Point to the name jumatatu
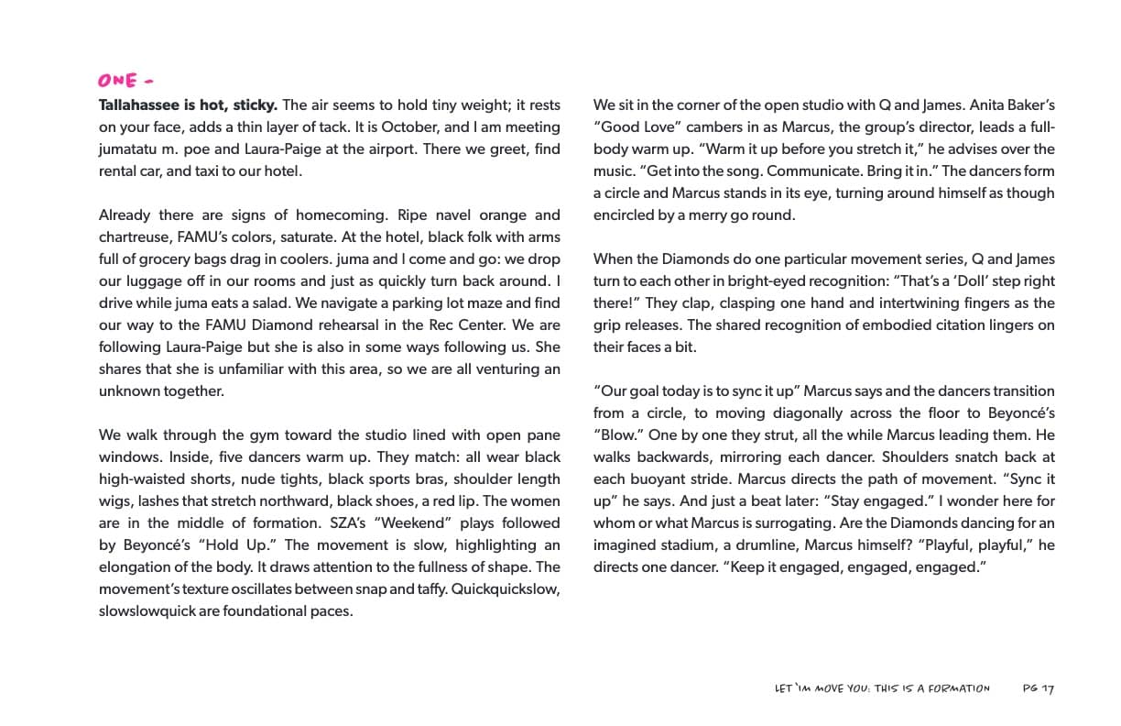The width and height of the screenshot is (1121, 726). coord(128,149)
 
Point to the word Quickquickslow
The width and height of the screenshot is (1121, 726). coord(506,589)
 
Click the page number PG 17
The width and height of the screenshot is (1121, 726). coord(1039,688)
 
